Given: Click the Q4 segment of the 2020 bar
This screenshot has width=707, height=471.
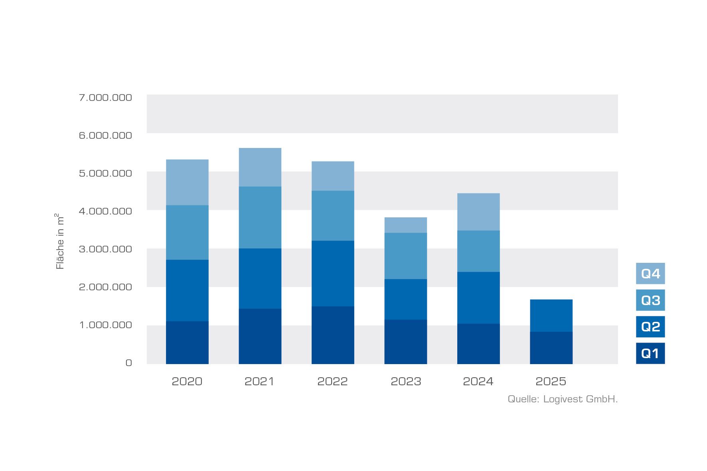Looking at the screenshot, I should coord(187,182).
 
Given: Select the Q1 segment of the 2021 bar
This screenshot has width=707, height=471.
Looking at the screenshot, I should coord(260,336).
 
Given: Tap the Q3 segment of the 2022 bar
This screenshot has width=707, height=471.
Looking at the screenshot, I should coord(333,215).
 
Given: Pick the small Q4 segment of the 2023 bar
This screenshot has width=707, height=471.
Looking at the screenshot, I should coord(405,225).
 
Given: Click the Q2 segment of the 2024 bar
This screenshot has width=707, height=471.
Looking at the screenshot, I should coord(478,298).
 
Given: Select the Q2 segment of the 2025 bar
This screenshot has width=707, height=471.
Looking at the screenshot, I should coord(551,315).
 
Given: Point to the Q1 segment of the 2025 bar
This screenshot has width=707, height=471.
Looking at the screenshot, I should coord(551,348).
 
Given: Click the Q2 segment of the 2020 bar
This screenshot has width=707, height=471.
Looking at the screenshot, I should coord(187,290).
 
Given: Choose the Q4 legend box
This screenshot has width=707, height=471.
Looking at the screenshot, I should coord(650,274).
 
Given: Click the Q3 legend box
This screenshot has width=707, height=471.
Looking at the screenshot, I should coord(650,300).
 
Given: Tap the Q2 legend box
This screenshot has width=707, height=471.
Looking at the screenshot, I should coord(650,327).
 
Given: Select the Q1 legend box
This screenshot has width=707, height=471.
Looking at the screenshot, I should coord(650,353).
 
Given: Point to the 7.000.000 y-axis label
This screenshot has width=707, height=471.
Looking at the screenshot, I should coord(105,98).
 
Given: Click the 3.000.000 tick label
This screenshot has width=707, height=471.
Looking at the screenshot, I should coord(105,249).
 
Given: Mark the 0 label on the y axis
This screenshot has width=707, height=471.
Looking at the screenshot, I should coord(128,363).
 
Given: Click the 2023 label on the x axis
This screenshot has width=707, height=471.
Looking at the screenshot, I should coord(405,382).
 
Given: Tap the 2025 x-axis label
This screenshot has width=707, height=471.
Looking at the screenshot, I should coord(551,382).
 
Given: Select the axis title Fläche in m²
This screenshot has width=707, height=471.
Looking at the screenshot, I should coord(59,242).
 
